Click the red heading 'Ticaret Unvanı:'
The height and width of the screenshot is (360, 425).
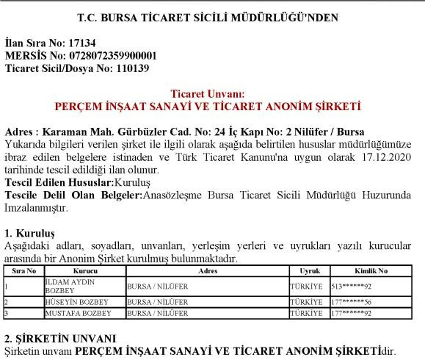click(x=212, y=94)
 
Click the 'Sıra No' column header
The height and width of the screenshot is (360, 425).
click(x=23, y=271)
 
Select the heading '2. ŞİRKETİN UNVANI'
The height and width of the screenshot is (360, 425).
click(x=59, y=339)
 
